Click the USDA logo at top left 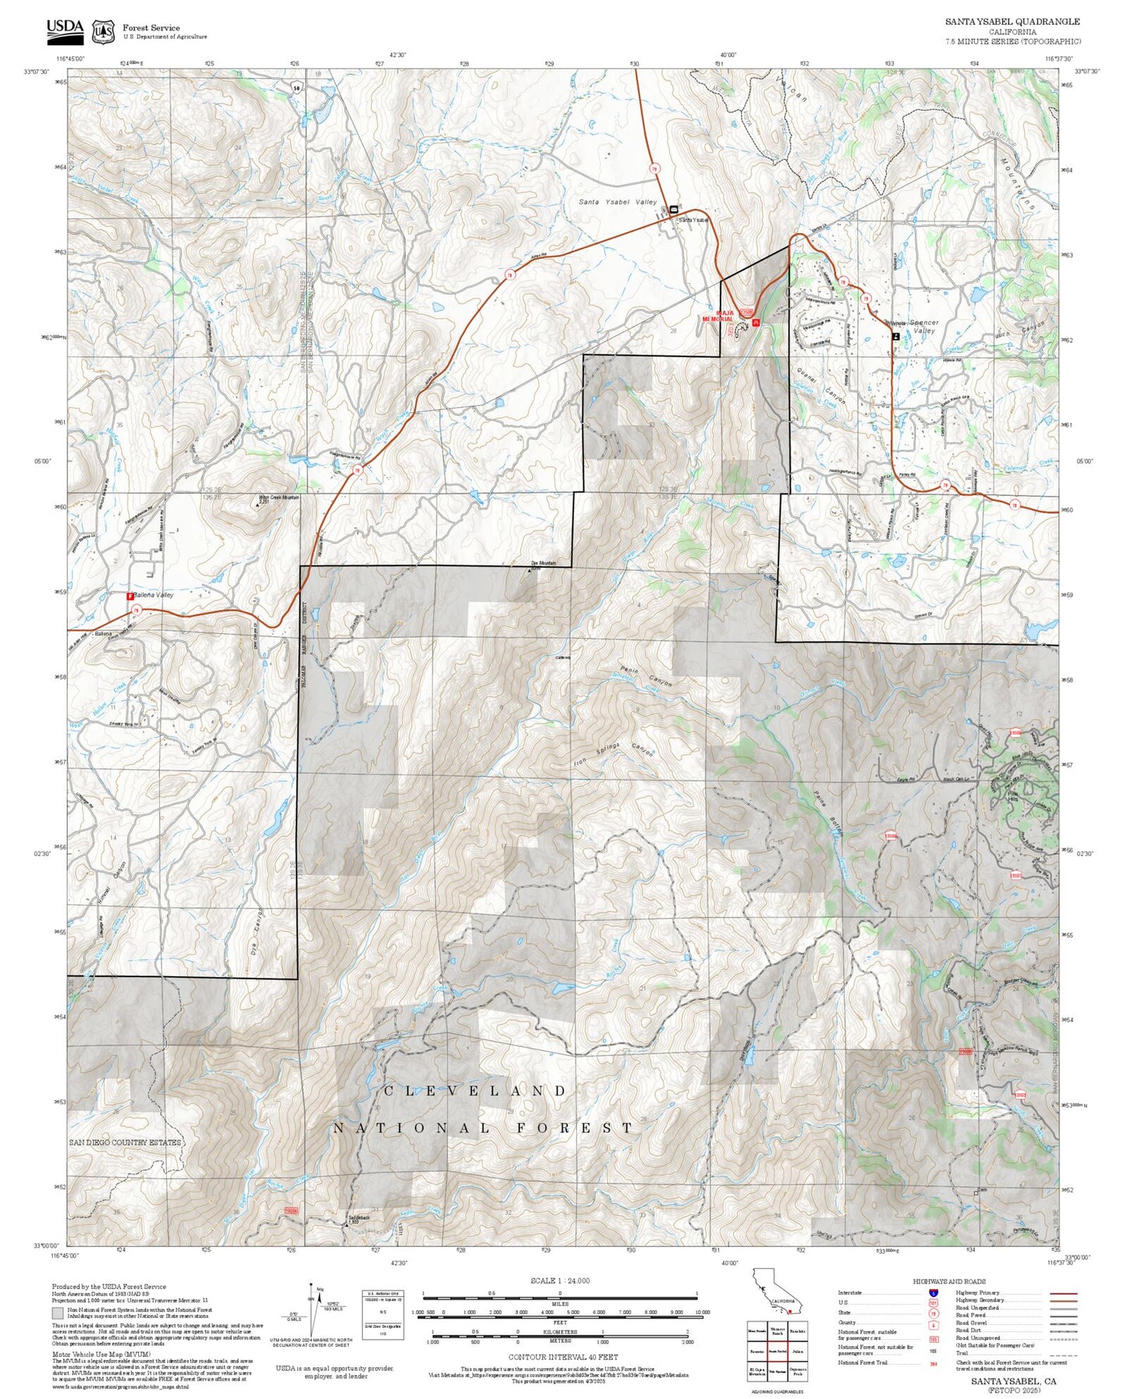pos(65,30)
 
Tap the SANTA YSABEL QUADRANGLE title pos(1012,22)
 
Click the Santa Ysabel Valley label pos(617,202)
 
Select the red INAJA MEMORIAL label pos(718,316)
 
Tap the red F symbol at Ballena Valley pos(130,596)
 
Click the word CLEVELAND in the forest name pos(475,1091)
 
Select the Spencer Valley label pos(923,326)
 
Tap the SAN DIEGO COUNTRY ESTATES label pos(125,1142)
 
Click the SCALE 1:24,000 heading pos(559,1280)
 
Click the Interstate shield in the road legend pos(933,1293)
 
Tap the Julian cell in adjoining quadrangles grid pos(797,1351)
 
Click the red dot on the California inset pos(791,1312)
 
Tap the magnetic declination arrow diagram pos(311,1310)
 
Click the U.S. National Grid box pos(383,1314)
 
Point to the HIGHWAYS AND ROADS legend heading pos(948,1281)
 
